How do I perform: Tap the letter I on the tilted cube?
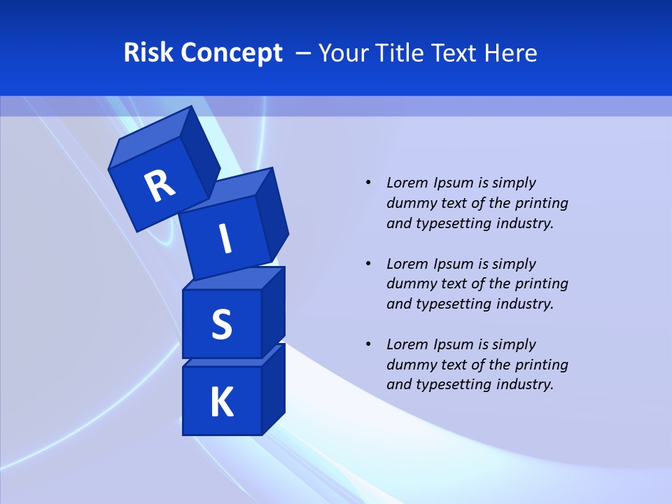(225, 239)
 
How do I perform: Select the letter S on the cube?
(221, 325)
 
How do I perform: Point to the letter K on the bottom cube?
(221, 402)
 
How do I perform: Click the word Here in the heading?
(512, 52)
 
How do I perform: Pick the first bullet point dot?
(368, 183)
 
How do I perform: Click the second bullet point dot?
(368, 264)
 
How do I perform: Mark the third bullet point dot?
(368, 344)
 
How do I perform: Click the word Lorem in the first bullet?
(406, 183)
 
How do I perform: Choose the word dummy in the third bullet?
(408, 364)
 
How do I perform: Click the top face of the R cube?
(150, 136)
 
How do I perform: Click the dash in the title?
(304, 53)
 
